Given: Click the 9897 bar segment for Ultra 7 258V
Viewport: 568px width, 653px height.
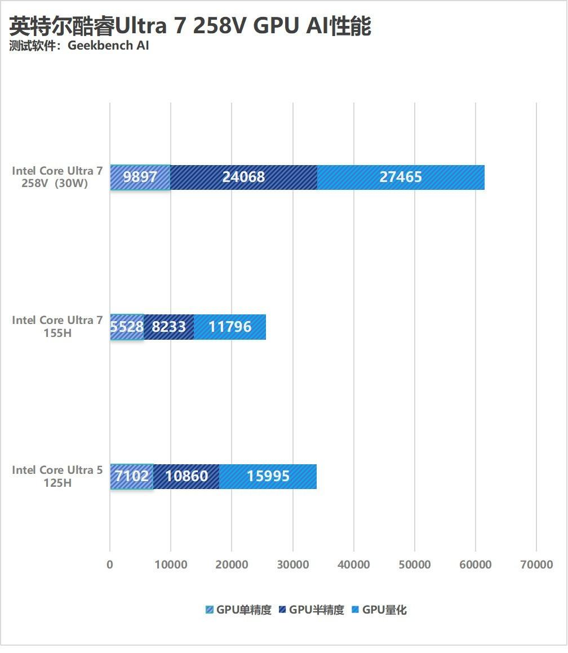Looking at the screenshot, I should [140, 177].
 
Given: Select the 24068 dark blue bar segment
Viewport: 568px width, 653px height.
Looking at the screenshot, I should [243, 177].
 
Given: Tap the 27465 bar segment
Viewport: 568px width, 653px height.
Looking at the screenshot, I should [401, 177].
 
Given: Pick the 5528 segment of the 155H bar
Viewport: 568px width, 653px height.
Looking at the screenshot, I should [127, 327].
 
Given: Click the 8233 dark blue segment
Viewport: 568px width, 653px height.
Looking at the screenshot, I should [169, 327].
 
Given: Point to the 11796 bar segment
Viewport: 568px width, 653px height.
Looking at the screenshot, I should [230, 327].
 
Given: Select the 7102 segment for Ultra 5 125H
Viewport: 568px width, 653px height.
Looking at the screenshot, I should [132, 477].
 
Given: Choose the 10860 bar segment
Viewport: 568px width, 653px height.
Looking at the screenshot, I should [187, 477].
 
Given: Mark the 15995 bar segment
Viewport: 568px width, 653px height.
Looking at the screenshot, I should [268, 477].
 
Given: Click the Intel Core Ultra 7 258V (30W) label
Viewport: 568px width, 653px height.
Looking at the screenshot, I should [57, 177].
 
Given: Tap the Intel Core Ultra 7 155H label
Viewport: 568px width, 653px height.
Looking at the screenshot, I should [57, 326].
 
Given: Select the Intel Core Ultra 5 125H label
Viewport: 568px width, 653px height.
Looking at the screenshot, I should [57, 476].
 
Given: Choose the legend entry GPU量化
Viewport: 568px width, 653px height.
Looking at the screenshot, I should [379, 610].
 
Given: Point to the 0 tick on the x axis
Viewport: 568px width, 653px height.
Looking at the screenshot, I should [110, 565].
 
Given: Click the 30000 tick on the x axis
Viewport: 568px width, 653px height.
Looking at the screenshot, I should [292, 565].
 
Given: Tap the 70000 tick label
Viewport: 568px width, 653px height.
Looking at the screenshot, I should [536, 565].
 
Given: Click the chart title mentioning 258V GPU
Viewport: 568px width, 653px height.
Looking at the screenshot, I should [190, 26].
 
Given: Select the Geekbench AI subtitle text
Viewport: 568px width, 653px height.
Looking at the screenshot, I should [79, 46].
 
